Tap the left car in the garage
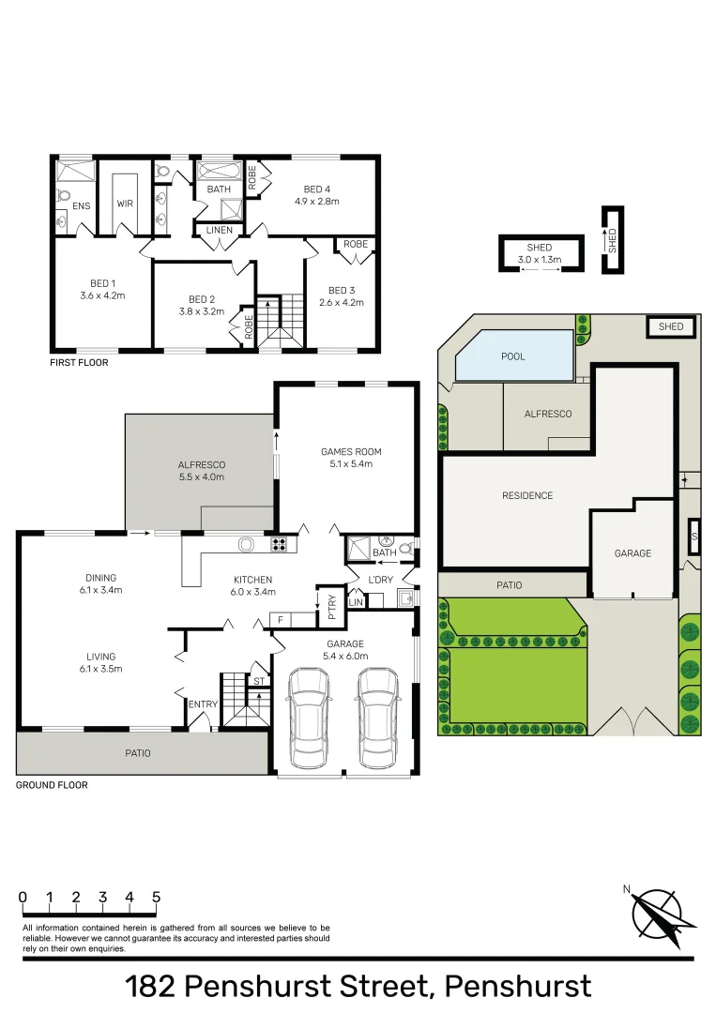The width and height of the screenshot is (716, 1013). [309, 718]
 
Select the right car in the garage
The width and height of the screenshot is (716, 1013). [377, 718]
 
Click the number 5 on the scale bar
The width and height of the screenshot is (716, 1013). [156, 897]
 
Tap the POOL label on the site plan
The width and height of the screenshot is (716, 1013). [513, 356]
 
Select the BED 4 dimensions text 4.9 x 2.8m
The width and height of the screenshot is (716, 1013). [316, 201]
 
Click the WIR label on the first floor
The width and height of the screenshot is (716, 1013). [125, 204]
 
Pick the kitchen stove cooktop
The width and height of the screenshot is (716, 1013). [280, 543]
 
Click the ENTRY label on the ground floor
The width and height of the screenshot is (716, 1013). [203, 704]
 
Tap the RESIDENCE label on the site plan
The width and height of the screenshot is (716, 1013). [527, 495]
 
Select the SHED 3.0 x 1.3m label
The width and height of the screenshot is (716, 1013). [540, 253]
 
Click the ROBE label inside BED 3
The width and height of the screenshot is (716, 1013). [355, 244]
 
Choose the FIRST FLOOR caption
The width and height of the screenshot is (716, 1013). [80, 361]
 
